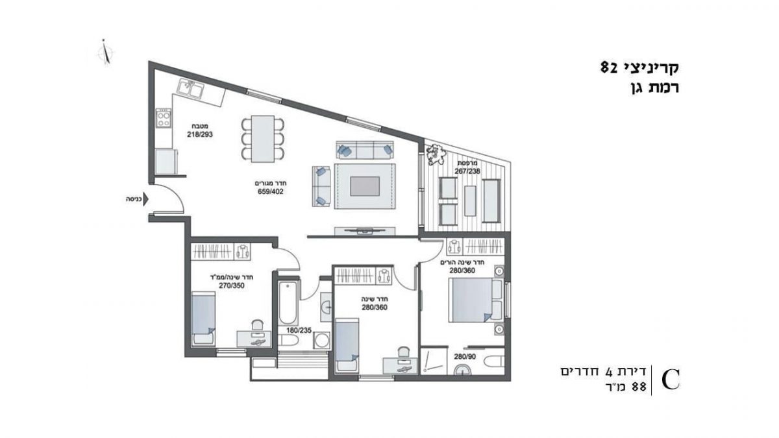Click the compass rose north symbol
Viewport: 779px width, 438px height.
tap(105, 53)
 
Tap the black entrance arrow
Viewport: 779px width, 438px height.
tap(146, 200)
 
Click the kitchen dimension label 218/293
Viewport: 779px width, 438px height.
tap(200, 134)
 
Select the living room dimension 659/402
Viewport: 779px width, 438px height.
tap(271, 191)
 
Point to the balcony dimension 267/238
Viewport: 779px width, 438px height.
tap(467, 171)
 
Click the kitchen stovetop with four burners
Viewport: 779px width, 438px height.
tap(164, 118)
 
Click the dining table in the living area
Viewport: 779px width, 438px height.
tap(263, 139)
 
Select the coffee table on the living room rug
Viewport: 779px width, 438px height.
tap(365, 186)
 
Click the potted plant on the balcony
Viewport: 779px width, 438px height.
tap(435, 154)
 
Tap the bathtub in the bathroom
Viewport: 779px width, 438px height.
tap(288, 303)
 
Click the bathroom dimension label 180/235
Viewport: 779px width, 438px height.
tap(299, 330)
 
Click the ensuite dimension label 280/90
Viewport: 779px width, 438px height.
tap(465, 357)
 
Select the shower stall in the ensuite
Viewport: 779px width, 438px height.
tap(434, 361)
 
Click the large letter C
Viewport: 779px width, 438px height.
tap(671, 380)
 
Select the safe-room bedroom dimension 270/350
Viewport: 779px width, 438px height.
tap(232, 286)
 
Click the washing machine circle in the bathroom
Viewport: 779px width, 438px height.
tap(322, 341)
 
